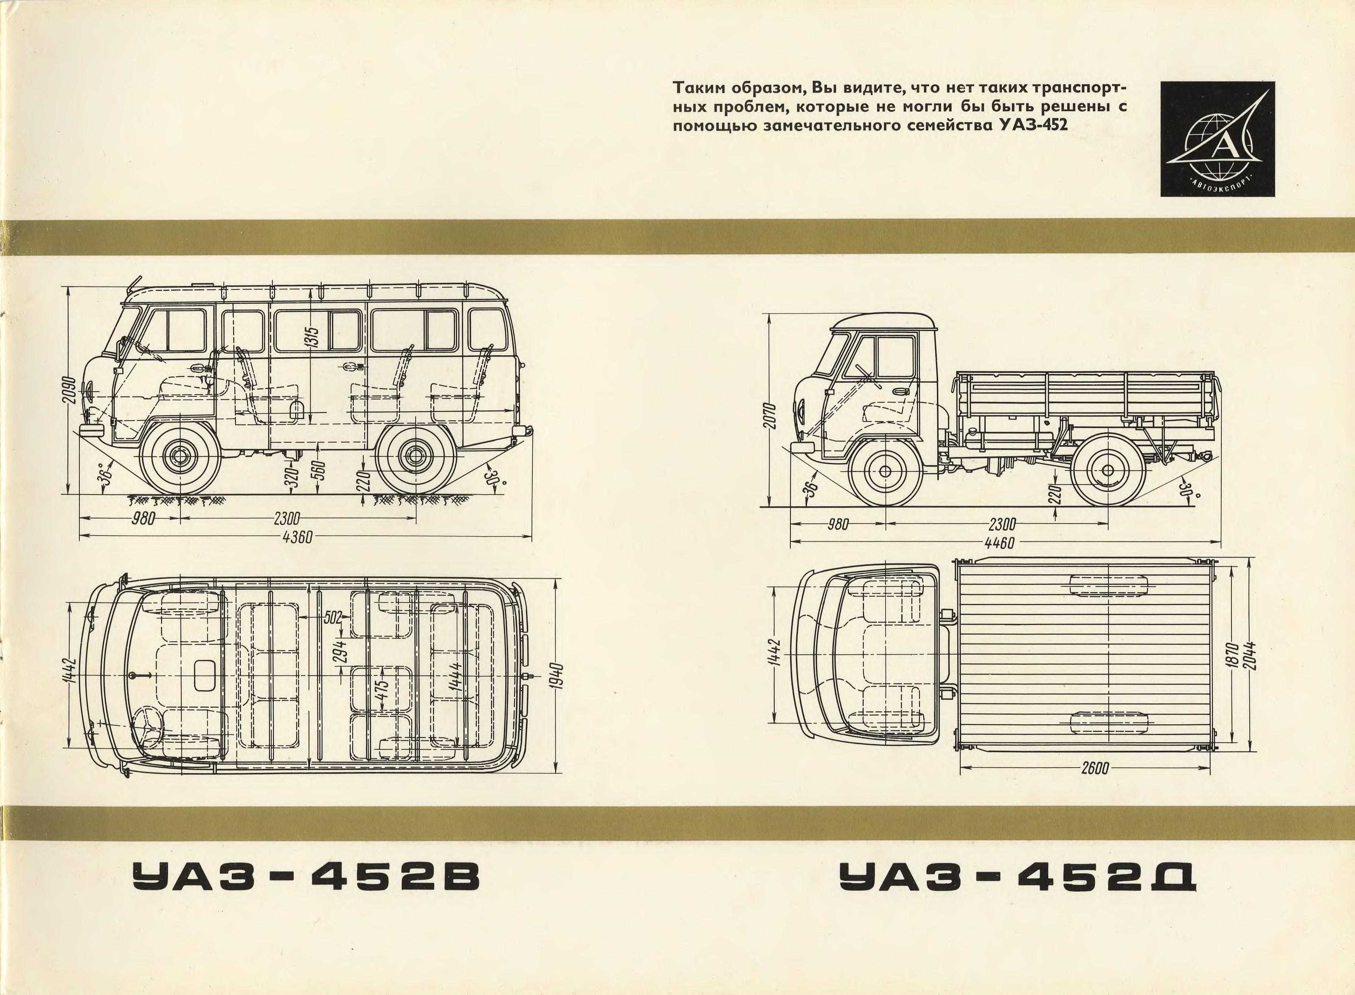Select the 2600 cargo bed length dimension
[x=1095, y=786]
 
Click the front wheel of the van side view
[x=179, y=457]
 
